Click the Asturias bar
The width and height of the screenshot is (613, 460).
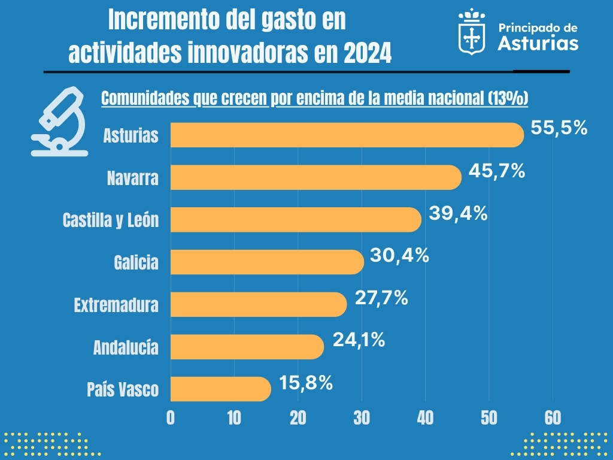[347, 135]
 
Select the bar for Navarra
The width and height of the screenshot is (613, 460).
[316, 178]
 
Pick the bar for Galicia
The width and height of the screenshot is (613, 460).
[267, 262]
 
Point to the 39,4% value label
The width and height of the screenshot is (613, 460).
[459, 213]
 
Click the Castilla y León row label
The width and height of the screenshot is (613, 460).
[111, 220]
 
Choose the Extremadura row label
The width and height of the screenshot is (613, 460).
[116, 305]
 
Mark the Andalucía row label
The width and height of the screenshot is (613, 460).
[126, 347]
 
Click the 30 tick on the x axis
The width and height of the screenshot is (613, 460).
[362, 418]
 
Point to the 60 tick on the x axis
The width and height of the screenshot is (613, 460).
[553, 418]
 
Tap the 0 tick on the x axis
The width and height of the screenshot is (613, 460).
[171, 418]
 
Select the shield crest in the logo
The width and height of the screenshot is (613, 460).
[472, 34]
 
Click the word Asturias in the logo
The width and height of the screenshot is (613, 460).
[538, 43]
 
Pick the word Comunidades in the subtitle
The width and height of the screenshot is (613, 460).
[145, 98]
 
